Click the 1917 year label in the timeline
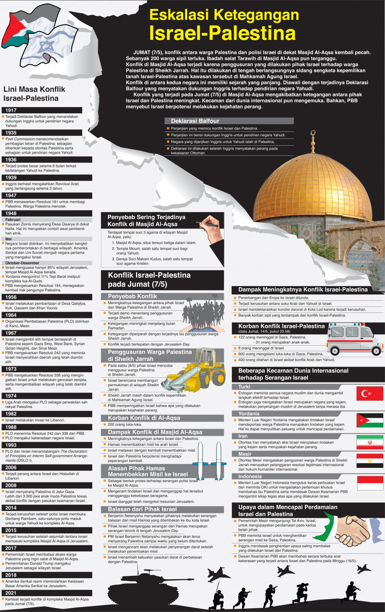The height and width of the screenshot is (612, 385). [x=11, y=110]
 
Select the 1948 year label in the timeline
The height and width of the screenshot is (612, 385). [x=11, y=213]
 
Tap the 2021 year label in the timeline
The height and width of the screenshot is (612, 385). [x=11, y=593]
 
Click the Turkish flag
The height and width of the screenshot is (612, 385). [x=370, y=393]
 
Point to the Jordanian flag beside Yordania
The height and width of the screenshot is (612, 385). [x=370, y=420]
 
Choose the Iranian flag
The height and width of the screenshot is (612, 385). [x=370, y=442]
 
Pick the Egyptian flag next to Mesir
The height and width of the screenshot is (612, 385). [x=370, y=461]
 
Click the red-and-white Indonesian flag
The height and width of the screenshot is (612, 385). [x=370, y=483]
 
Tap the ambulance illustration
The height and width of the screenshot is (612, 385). [x=354, y=339]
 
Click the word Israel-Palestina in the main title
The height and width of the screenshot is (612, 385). [x=222, y=33]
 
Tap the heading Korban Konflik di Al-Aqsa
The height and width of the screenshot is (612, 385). [x=144, y=418]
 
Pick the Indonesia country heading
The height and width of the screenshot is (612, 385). [x=250, y=477]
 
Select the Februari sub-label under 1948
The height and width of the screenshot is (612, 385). [x=13, y=219]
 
